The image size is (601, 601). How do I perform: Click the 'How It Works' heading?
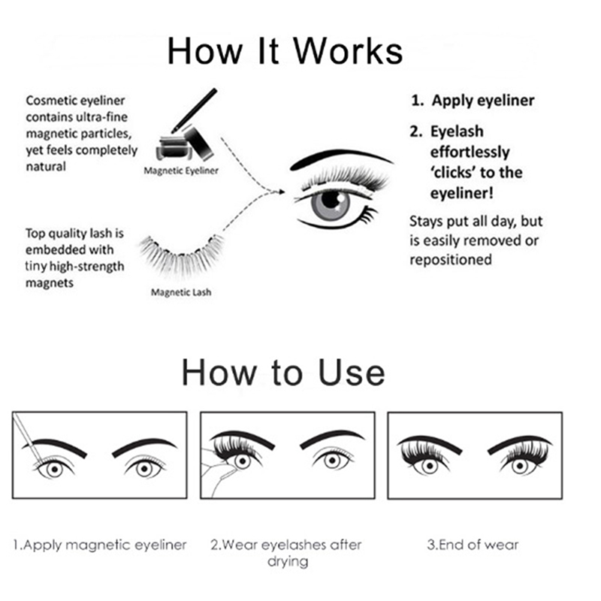285,51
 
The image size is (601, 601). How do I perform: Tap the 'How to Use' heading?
283,372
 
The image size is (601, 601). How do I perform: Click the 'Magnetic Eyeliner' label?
181,171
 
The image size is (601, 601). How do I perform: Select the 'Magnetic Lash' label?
181,292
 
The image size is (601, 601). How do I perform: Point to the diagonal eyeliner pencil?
195,110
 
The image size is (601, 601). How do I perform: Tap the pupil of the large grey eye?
330,199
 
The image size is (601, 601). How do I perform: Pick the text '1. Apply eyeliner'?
473,101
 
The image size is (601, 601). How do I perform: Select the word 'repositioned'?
451,260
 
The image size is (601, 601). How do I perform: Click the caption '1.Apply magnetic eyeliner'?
100,545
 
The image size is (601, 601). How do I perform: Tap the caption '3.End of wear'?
473,544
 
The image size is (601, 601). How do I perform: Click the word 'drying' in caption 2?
288,562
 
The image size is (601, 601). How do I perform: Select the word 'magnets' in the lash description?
50,283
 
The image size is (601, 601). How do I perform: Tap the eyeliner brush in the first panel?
28,438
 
